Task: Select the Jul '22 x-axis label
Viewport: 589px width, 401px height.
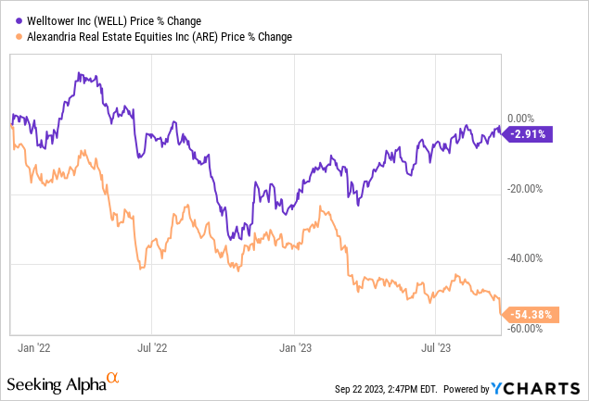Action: (152, 347)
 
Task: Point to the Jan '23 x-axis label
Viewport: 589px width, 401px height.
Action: (295, 347)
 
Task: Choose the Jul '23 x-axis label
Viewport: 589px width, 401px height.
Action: (436, 347)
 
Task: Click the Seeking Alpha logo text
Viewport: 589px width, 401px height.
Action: (55, 383)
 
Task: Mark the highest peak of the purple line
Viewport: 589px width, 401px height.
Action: (80, 72)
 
